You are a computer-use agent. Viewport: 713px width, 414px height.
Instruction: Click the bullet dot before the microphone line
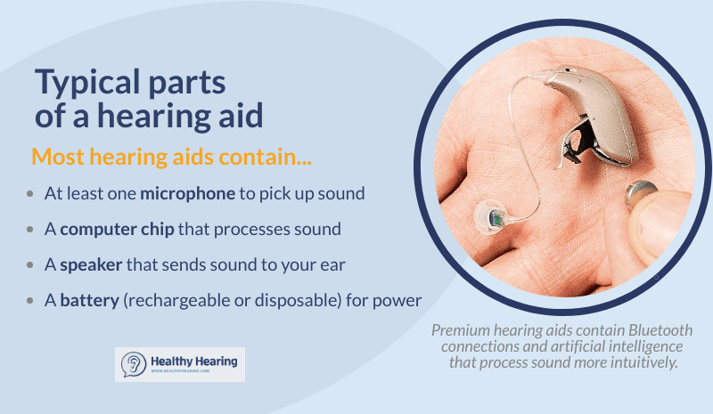31,193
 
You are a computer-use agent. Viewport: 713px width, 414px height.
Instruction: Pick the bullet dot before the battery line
31,300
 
